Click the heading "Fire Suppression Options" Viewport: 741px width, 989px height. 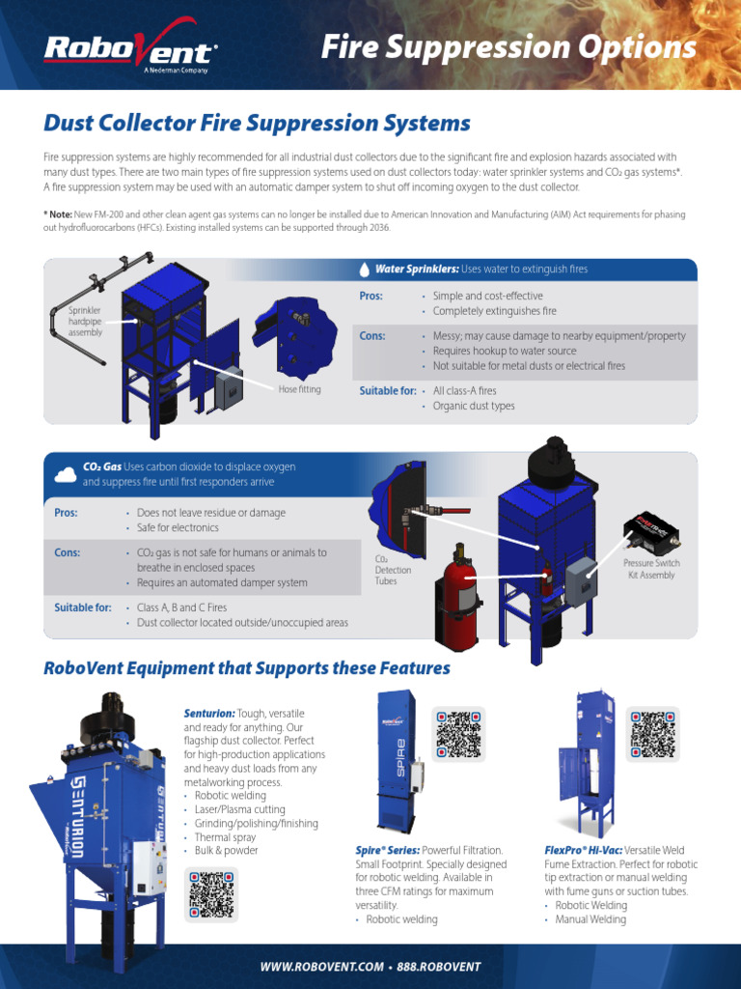508,47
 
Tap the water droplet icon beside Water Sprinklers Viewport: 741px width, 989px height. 364,269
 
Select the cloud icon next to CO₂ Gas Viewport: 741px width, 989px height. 66,474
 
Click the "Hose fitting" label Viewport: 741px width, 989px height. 299,390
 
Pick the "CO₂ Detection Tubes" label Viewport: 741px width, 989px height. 393,570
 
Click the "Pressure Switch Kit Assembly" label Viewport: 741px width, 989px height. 651,569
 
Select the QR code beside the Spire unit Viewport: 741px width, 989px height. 458,734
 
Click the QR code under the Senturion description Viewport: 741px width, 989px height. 210,893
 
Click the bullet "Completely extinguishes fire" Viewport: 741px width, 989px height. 494,311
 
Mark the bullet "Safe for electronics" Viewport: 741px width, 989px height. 178,528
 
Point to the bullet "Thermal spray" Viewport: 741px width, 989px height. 227,837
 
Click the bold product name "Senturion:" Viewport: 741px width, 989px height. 209,713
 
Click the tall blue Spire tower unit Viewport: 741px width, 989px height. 392,763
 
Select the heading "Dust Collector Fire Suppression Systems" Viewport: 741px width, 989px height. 258,124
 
